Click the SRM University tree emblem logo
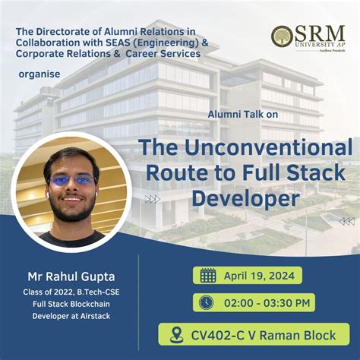tap(282, 36)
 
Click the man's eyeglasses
tap(72, 181)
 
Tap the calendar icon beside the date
tap(207, 275)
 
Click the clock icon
tap(205, 302)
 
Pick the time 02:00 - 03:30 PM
tap(267, 302)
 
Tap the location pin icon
tap(178, 333)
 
